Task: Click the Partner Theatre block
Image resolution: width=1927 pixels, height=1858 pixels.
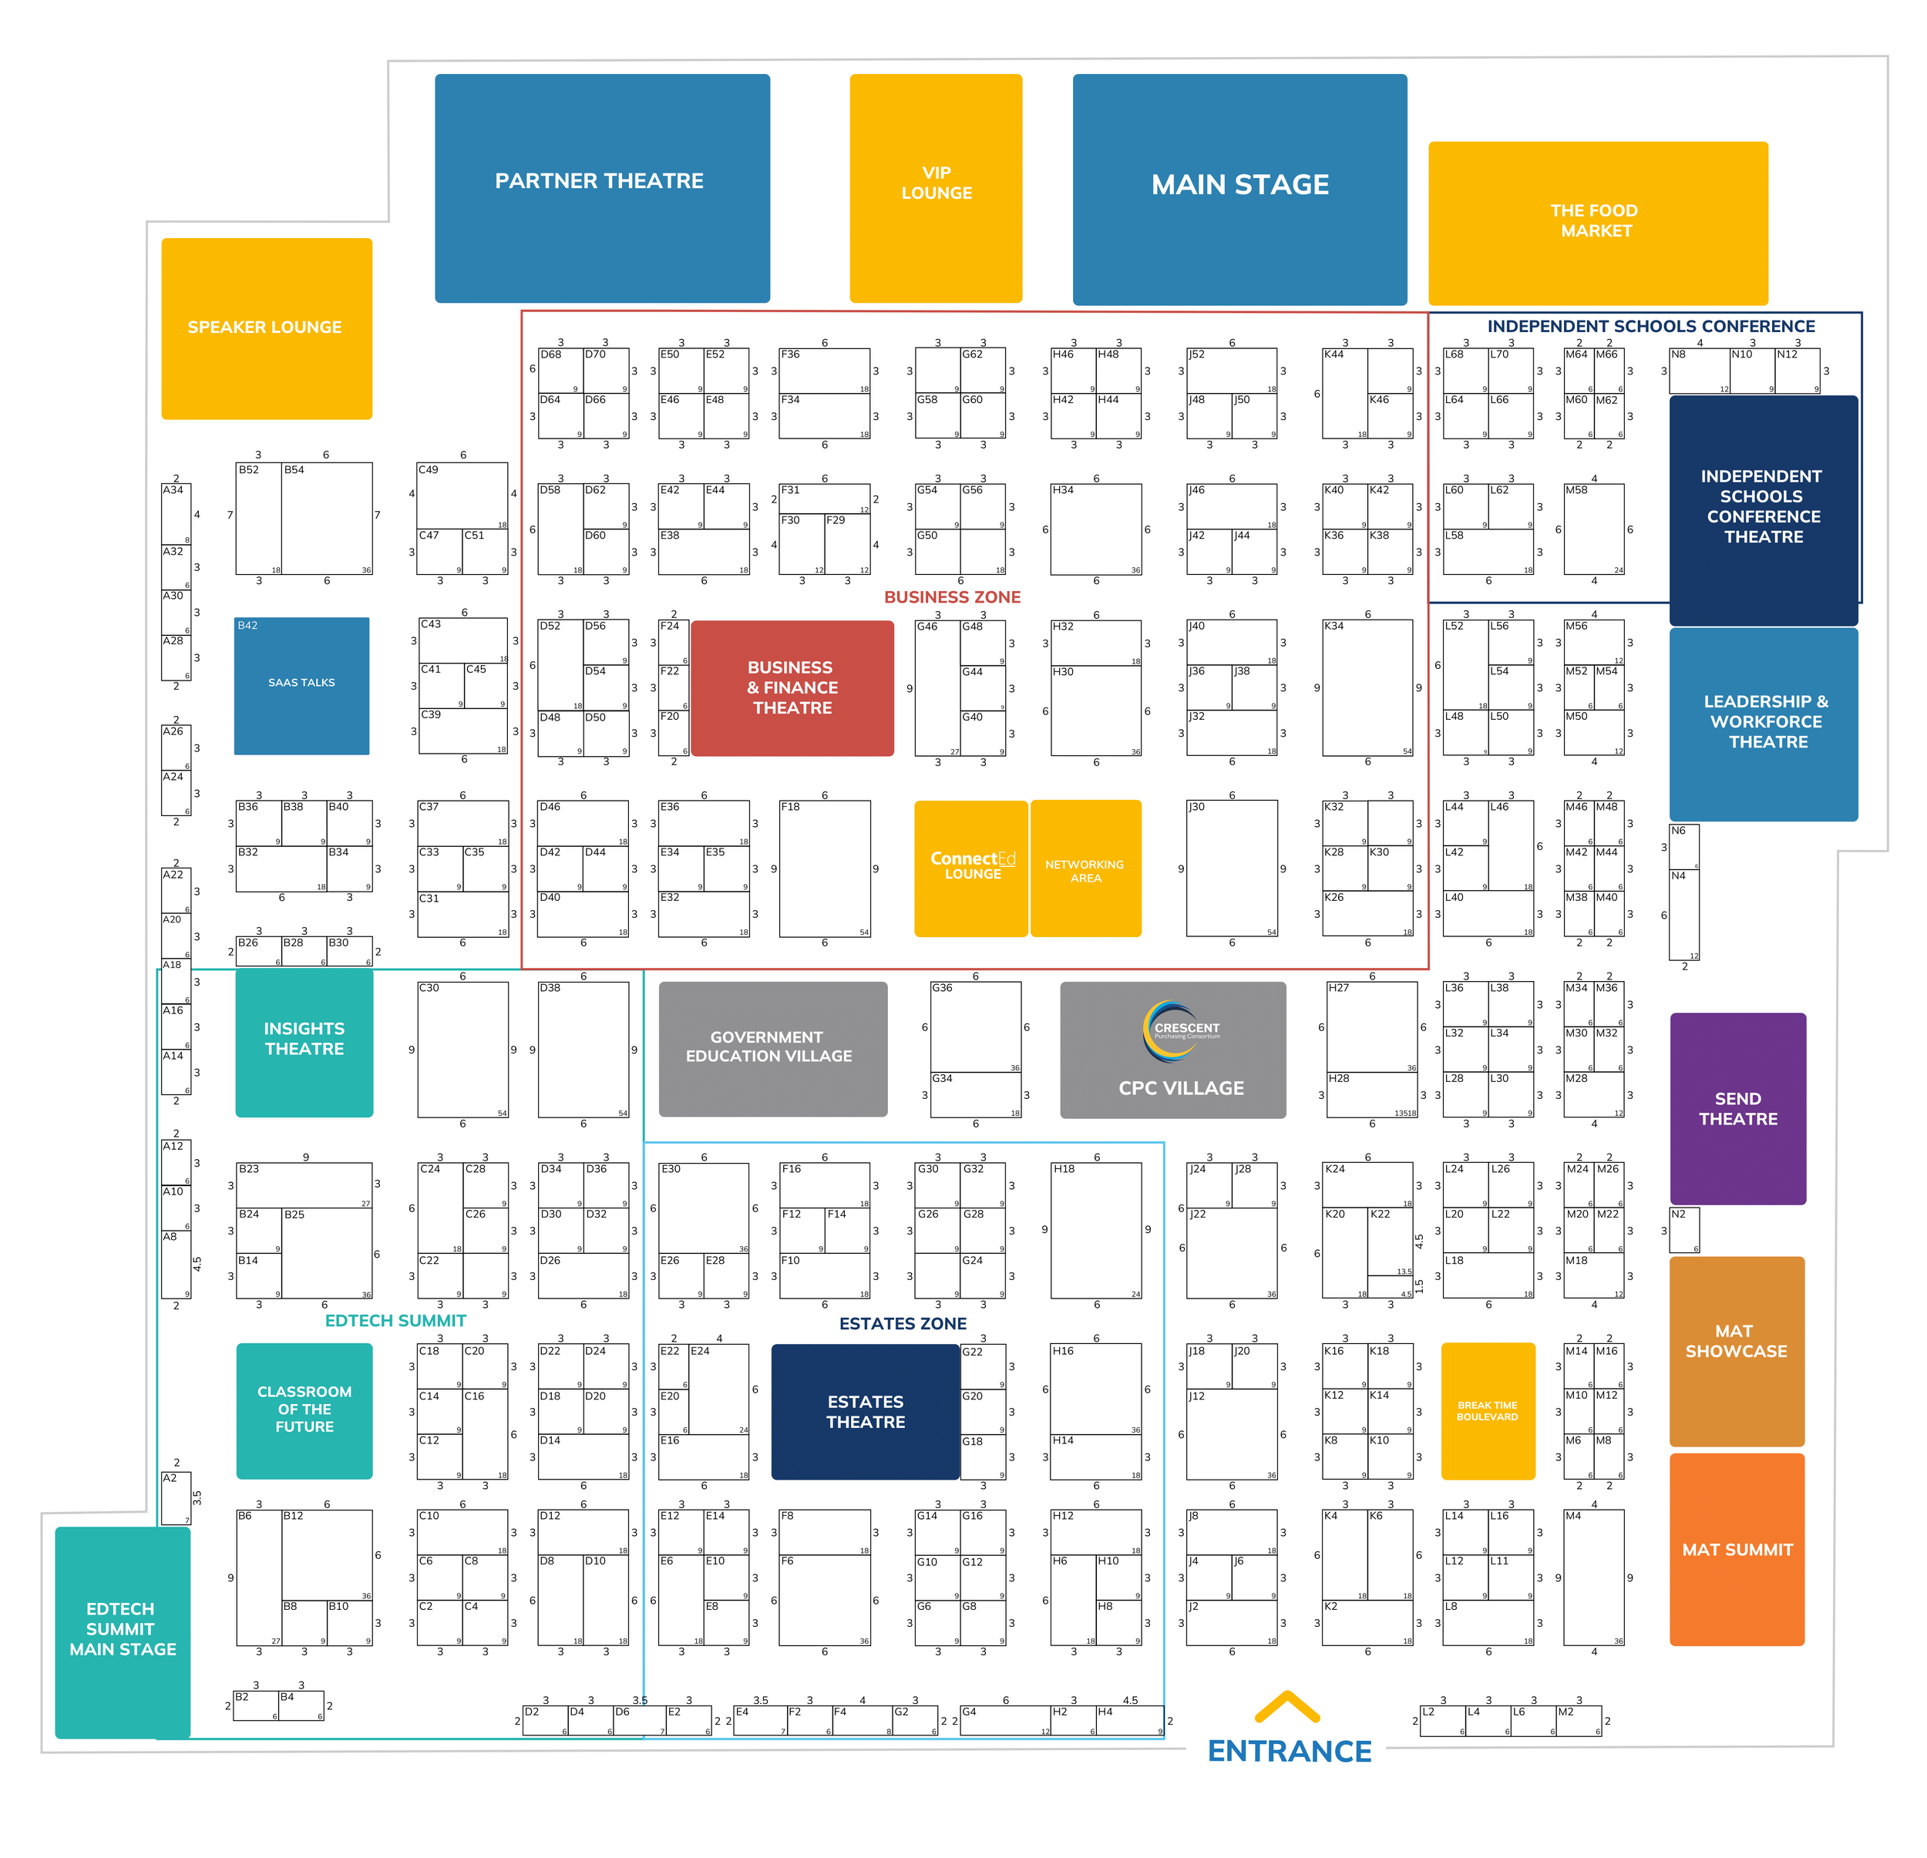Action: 602,186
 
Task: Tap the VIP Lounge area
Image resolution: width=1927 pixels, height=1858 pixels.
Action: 935,186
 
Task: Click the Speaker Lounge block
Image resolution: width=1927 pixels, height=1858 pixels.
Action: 265,328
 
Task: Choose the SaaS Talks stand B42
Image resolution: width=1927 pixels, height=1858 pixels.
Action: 301,685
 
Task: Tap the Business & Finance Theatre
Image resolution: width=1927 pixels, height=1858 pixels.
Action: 792,687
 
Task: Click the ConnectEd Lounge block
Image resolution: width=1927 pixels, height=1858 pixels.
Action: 970,867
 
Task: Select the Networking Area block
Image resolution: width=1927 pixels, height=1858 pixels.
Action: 1085,869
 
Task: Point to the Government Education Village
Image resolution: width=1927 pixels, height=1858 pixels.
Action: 772,1048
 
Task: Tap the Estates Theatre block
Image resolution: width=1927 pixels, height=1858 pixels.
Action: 864,1411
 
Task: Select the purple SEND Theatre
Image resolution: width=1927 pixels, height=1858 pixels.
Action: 1737,1108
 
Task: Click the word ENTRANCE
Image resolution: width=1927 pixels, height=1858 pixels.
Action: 1289,1751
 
